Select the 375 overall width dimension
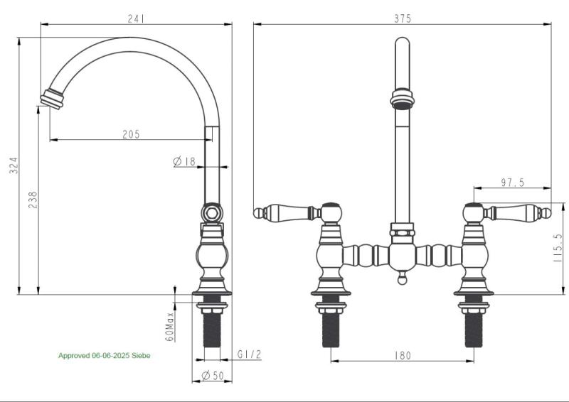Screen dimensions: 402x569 [402, 19]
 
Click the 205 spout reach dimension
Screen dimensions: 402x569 [131, 134]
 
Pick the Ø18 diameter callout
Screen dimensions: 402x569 [184, 161]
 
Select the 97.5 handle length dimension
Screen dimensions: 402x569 [512, 183]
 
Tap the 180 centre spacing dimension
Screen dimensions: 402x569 [402, 355]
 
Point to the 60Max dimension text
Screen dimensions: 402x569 [170, 325]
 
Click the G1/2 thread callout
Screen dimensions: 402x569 [250, 354]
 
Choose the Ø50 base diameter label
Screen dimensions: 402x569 [212, 375]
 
